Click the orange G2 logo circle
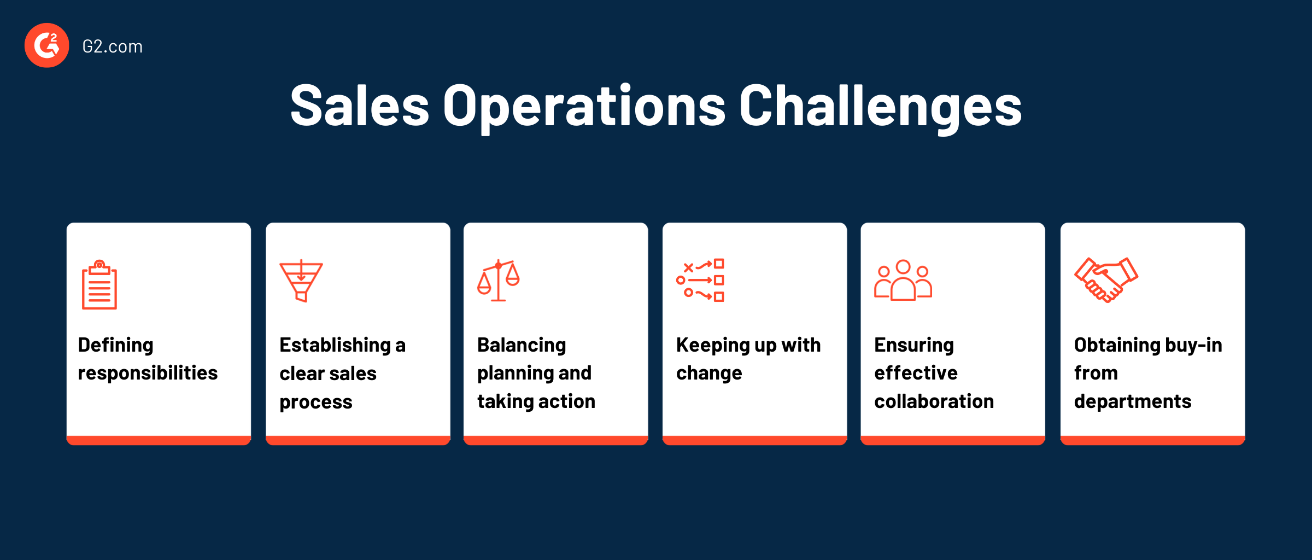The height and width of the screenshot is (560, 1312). pyautogui.click(x=46, y=45)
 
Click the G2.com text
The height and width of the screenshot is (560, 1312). pyautogui.click(x=112, y=46)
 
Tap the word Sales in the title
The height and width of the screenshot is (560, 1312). pyautogui.click(x=359, y=106)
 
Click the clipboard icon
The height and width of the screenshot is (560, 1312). pyautogui.click(x=99, y=285)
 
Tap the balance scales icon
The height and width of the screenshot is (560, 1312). pyautogui.click(x=498, y=281)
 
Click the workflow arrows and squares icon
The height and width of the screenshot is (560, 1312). pyautogui.click(x=700, y=281)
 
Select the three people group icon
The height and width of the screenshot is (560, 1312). pyautogui.click(x=903, y=281)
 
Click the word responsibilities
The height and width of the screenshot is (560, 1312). pyautogui.click(x=148, y=373)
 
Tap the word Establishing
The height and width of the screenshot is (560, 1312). pyautogui.click(x=335, y=345)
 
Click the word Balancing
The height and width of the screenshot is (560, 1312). pyautogui.click(x=522, y=345)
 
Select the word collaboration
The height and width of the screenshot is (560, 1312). pyautogui.click(x=934, y=401)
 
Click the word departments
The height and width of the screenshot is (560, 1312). pyautogui.click(x=1132, y=402)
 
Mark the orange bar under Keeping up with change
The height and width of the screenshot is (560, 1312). pyautogui.click(x=754, y=440)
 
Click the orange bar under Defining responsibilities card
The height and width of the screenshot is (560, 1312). pyautogui.click(x=159, y=440)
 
